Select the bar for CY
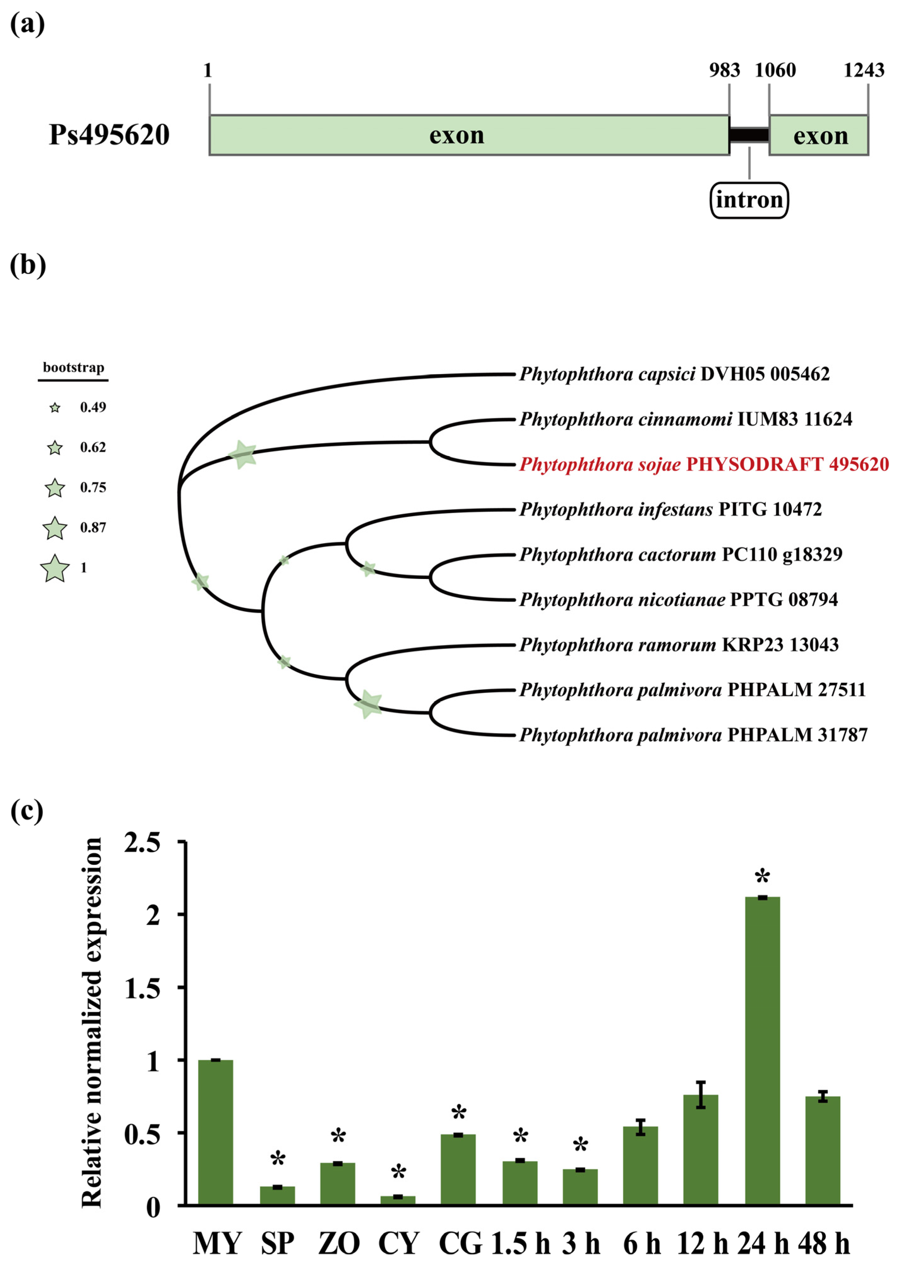coord(398,1200)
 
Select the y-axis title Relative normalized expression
coord(92,1022)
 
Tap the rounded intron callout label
coord(749,200)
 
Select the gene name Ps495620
coord(109,135)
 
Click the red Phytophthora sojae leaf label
coord(703,464)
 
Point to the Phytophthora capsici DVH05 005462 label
coord(674,374)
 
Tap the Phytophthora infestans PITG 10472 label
coord(670,509)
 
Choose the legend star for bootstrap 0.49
coord(55,409)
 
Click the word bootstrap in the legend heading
coord(73,367)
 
